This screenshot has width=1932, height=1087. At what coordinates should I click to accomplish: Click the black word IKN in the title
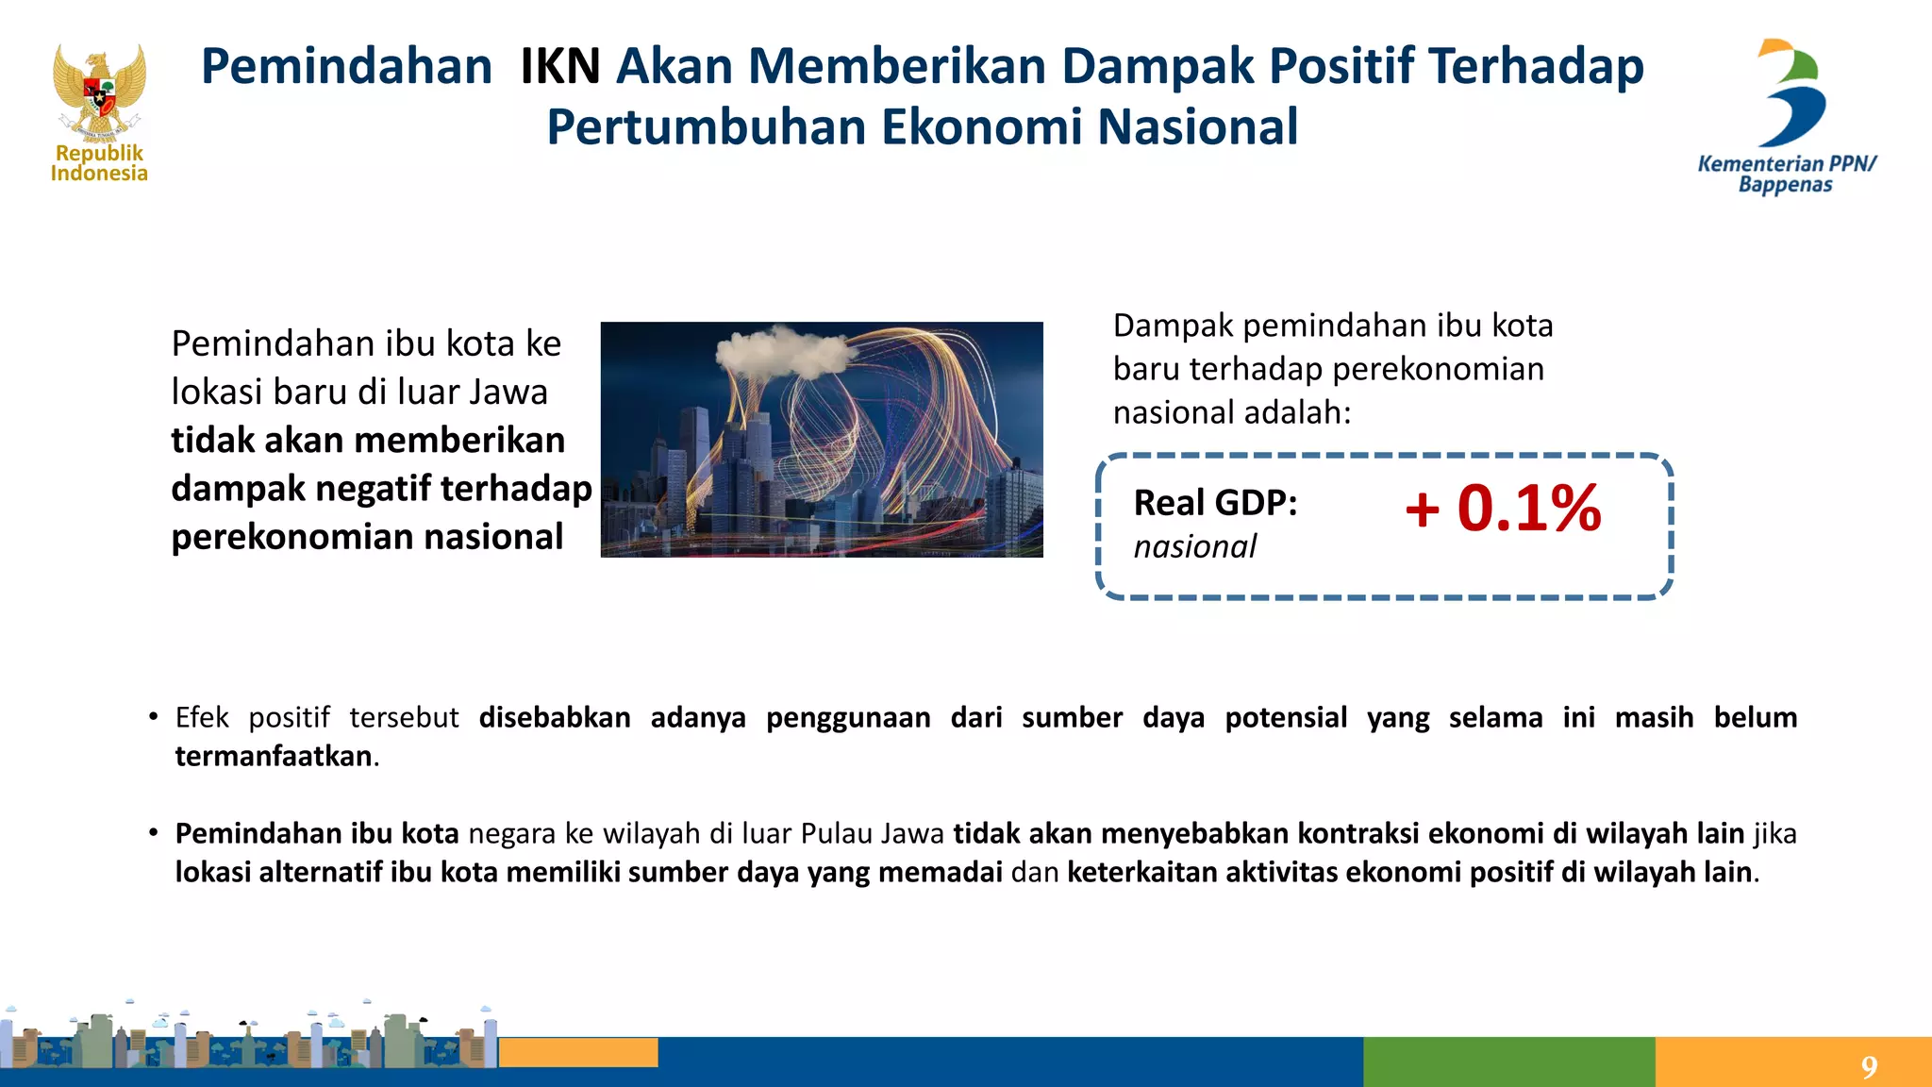pos(560,67)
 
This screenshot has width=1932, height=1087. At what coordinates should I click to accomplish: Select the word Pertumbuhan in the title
pos(706,127)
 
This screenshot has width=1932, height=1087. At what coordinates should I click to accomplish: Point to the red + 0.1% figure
pos(1503,509)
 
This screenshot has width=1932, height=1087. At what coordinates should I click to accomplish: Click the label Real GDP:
pos(1215,503)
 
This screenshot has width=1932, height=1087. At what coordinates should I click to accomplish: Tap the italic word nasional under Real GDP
pos(1194,546)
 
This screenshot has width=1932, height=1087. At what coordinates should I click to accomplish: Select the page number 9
pos(1869,1067)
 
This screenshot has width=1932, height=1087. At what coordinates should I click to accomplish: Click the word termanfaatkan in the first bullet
pos(274,756)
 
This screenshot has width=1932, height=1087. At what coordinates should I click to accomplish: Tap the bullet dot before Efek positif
pos(153,717)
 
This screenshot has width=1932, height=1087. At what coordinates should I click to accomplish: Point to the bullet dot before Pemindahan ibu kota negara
pos(153,833)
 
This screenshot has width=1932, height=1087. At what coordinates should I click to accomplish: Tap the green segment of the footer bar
pos(1508,1062)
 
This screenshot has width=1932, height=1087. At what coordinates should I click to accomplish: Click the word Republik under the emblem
pos(99,153)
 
